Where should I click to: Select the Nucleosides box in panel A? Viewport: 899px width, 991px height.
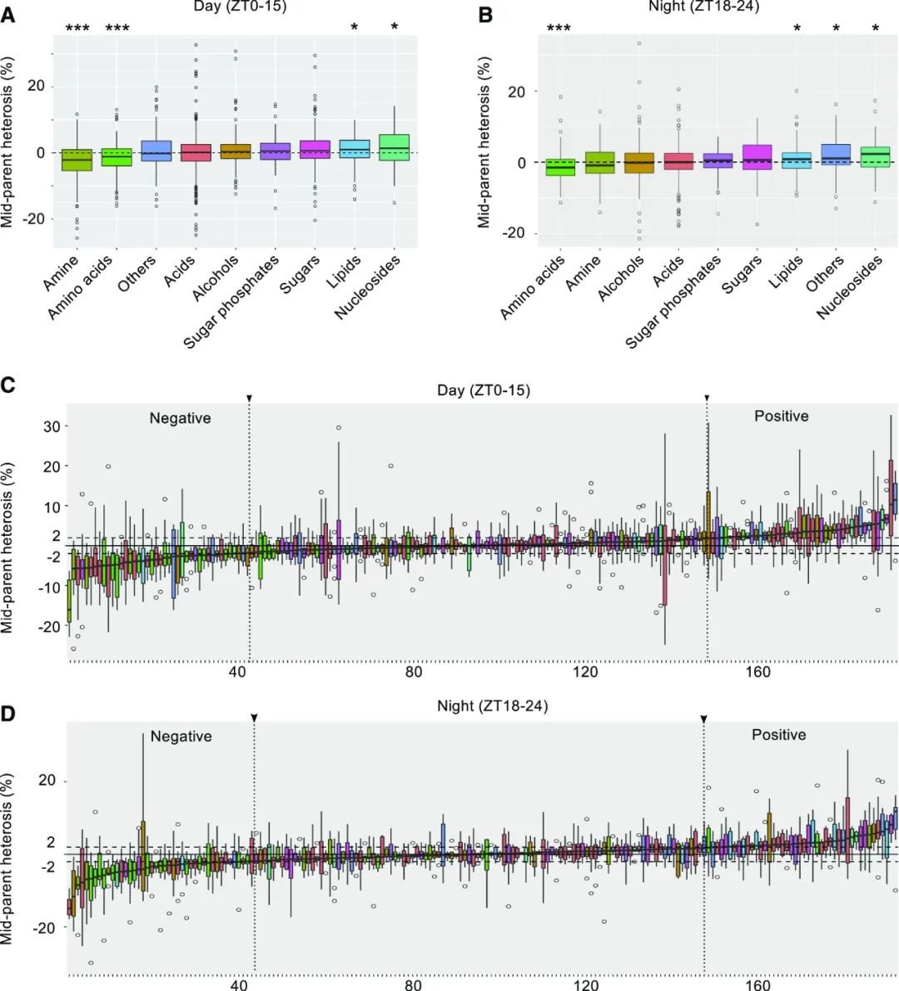[395, 147]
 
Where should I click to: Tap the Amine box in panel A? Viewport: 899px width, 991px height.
[77, 159]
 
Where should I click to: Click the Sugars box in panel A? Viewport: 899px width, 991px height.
[315, 149]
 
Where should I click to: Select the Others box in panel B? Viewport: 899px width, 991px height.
[835, 155]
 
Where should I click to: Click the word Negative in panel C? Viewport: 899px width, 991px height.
[180, 419]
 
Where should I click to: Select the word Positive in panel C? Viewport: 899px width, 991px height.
[781, 415]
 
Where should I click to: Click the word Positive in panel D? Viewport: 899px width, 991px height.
[779, 735]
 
